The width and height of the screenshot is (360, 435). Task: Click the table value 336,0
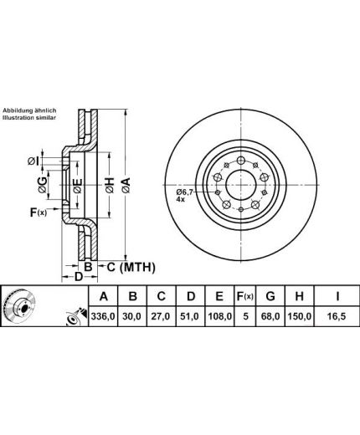click(x=103, y=316)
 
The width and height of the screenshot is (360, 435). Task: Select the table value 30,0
click(x=132, y=316)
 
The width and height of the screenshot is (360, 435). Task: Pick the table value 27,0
click(x=162, y=316)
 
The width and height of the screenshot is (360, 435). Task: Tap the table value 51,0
click(x=190, y=316)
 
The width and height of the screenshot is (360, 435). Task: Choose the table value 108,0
click(x=219, y=316)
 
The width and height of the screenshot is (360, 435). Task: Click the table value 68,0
click(x=270, y=316)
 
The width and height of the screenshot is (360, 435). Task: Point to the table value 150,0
click(x=300, y=316)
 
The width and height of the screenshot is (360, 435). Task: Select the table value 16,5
click(x=337, y=316)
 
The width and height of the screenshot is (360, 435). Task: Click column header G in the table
click(x=270, y=296)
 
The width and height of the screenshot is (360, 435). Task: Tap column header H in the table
click(x=299, y=296)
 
